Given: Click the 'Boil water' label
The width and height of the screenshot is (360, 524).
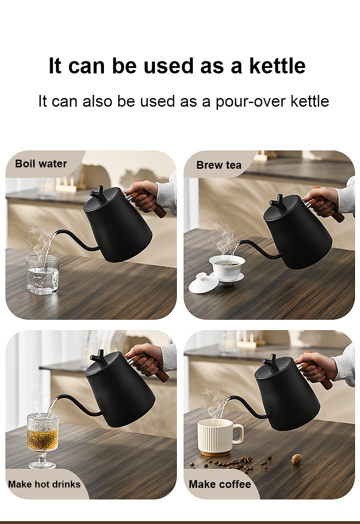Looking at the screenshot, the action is click(41, 163).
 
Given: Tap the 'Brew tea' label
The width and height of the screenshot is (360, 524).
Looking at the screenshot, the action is click(219, 165).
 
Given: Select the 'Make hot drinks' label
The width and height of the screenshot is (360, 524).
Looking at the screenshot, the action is click(44, 484).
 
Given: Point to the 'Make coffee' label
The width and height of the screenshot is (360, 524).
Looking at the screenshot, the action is click(220, 484).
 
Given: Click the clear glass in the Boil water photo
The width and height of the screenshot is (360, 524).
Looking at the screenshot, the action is click(43, 275).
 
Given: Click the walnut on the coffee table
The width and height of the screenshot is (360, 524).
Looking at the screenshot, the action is click(297, 459).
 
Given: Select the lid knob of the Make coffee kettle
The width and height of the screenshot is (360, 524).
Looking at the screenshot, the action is click(271, 363).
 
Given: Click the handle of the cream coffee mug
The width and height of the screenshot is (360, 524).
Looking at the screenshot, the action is click(238, 433).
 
